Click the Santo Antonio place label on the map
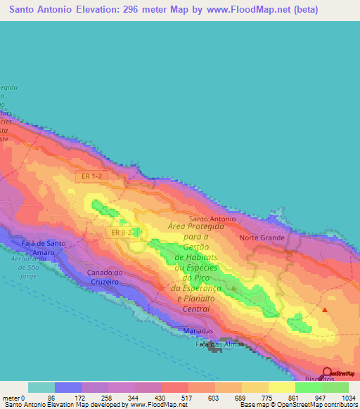[x=212, y=219]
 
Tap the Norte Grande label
[x=262, y=238]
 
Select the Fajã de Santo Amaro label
[x=44, y=247]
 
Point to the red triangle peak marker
[x=325, y=309]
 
